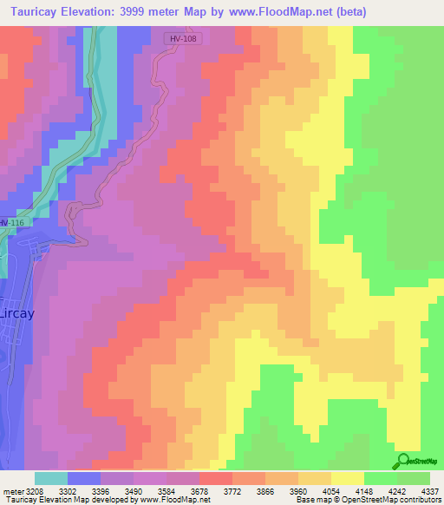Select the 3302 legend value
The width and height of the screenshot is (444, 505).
pyautogui.click(x=68, y=490)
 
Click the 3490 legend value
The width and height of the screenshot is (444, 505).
pyautogui.click(x=134, y=490)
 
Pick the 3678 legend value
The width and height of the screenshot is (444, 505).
pyautogui.click(x=199, y=490)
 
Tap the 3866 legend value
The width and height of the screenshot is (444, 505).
pyautogui.click(x=264, y=490)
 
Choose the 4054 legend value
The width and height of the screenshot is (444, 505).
pyautogui.click(x=330, y=490)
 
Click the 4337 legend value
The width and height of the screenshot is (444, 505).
pyautogui.click(x=429, y=490)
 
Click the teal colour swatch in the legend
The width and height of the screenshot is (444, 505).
pyautogui.click(x=51, y=478)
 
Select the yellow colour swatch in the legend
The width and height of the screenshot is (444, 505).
pyautogui.click(x=347, y=478)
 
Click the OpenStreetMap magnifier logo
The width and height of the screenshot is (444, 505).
pyautogui.click(x=403, y=461)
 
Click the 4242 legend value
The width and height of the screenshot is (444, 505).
pyautogui.click(x=396, y=490)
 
